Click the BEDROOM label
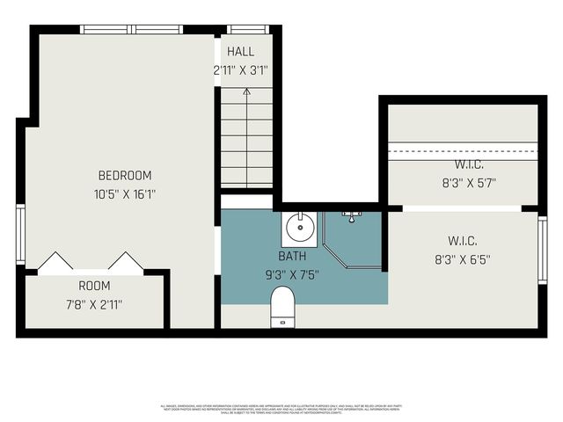pyautogui.click(x=124, y=175)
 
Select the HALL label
pyautogui.click(x=240, y=52)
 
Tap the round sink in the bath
pyautogui.click(x=301, y=229)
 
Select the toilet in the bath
pyautogui.click(x=281, y=309)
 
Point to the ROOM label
pyautogui.click(x=94, y=286)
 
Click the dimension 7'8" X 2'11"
pyautogui.click(x=94, y=304)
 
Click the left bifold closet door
pyautogui.click(x=55, y=262)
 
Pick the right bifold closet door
pyautogui.click(x=126, y=262)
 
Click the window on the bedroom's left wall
pyautogui.click(x=20, y=234)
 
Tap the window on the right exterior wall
pyautogui.click(x=542, y=250)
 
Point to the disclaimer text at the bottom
pyautogui.click(x=281, y=410)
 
